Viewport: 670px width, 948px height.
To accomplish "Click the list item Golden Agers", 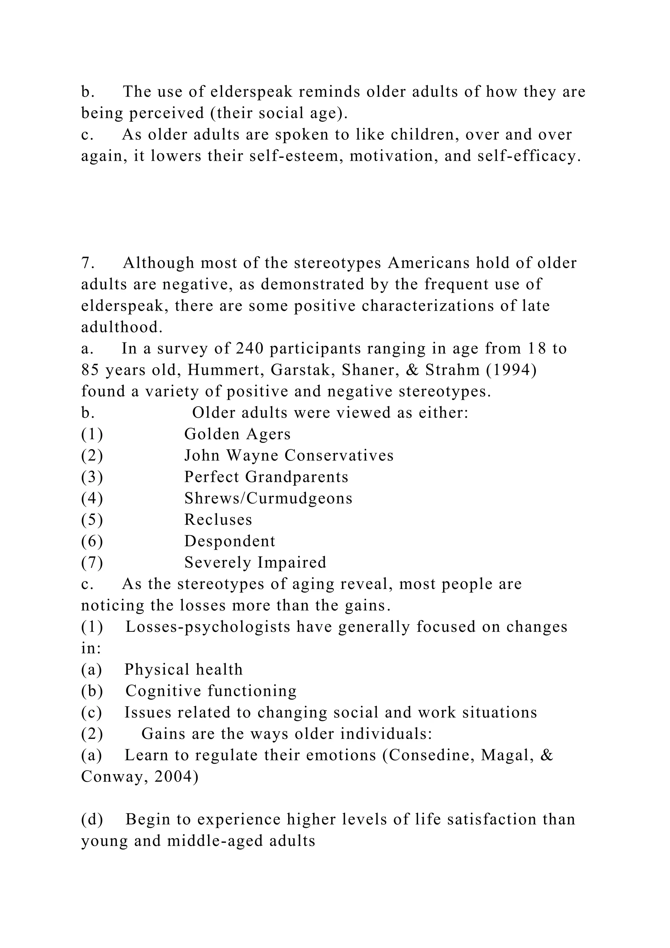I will tap(237, 434).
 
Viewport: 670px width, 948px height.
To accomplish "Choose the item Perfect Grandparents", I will tap(266, 477).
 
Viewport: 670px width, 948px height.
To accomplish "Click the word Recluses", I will tap(218, 520).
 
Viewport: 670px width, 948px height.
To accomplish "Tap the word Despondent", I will tap(229, 542).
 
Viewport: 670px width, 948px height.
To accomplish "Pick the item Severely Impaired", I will tap(255, 563).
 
